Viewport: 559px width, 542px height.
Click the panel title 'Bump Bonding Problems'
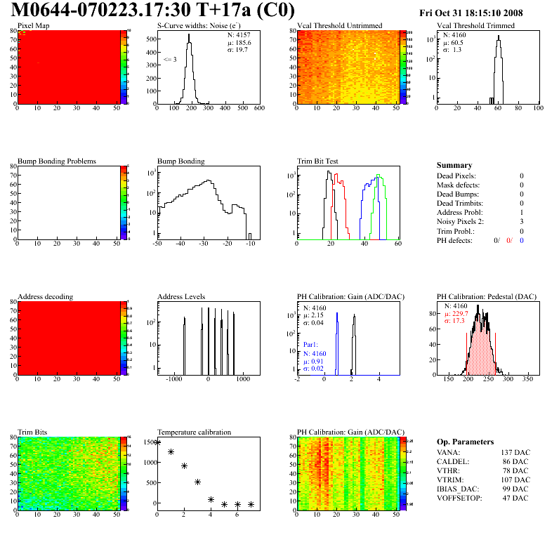(57, 161)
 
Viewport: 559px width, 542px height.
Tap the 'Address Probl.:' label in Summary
(460, 212)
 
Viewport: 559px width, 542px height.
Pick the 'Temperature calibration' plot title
(195, 432)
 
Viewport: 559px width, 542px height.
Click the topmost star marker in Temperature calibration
(157, 442)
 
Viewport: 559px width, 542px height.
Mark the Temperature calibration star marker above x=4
(211, 500)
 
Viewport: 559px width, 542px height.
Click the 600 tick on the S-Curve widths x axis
(258, 109)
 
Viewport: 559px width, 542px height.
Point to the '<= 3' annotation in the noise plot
(169, 60)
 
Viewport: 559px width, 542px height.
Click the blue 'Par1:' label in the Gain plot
(311, 345)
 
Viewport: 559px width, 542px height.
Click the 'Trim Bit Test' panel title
(318, 161)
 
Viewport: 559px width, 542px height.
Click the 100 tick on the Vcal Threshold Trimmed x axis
(538, 109)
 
